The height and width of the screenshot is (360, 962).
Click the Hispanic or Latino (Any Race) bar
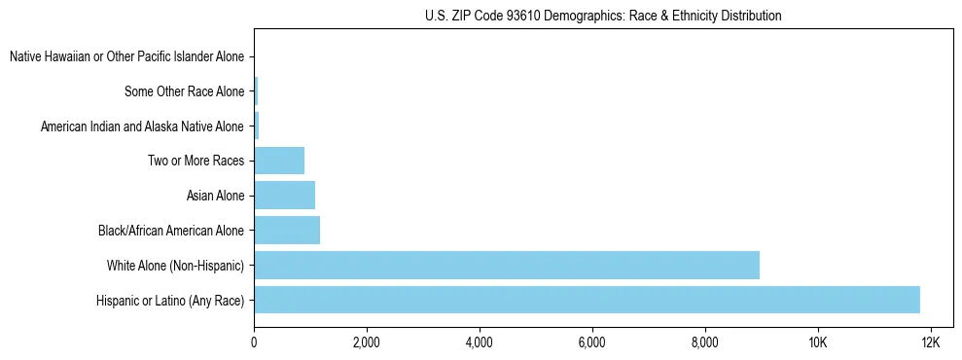pyautogui.click(x=587, y=300)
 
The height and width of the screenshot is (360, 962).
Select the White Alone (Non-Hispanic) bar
pyautogui.click(x=507, y=265)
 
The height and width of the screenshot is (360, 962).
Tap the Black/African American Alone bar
pyautogui.click(x=287, y=231)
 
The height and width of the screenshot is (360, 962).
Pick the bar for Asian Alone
pyautogui.click(x=284, y=196)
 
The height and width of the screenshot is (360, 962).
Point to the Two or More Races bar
pyautogui.click(x=279, y=161)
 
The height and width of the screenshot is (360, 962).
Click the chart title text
pyautogui.click(x=603, y=17)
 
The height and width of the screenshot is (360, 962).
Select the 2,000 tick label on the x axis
pyautogui.click(x=367, y=342)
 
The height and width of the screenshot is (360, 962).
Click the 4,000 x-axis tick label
pyautogui.click(x=480, y=342)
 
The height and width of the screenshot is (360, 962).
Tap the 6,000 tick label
pyautogui.click(x=592, y=342)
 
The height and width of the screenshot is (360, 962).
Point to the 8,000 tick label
pyautogui.click(x=705, y=342)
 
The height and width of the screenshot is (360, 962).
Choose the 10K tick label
pyautogui.click(x=818, y=342)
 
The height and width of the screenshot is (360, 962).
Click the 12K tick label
pyautogui.click(x=931, y=342)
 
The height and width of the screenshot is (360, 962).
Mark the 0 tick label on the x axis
pyautogui.click(x=254, y=342)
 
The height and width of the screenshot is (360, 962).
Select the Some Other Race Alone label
pyautogui.click(x=185, y=92)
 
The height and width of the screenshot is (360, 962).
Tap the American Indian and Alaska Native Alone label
pyautogui.click(x=142, y=126)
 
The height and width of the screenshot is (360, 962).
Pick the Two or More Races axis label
pyautogui.click(x=196, y=162)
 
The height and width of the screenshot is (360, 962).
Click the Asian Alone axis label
pyautogui.click(x=215, y=197)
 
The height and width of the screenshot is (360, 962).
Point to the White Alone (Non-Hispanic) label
pyautogui.click(x=175, y=266)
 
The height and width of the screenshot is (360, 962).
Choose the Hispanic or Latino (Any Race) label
pyautogui.click(x=170, y=301)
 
